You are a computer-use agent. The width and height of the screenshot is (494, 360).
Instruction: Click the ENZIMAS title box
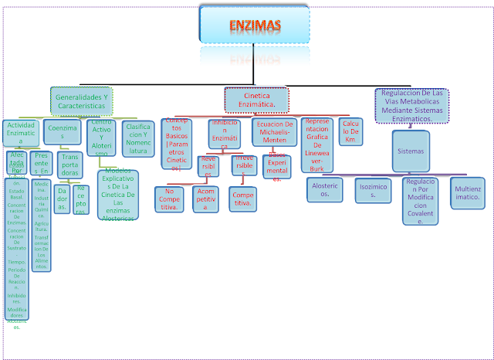click(x=255, y=25)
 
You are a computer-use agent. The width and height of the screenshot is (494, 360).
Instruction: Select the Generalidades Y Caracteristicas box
click(x=82, y=100)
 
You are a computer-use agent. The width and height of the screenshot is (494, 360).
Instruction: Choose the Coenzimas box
click(x=61, y=132)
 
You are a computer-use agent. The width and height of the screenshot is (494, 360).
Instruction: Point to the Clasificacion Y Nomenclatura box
click(x=138, y=138)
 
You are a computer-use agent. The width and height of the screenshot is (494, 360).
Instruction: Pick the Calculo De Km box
click(x=350, y=131)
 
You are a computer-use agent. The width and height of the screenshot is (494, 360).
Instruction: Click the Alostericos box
click(x=324, y=189)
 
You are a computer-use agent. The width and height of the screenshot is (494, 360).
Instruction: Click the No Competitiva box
click(x=168, y=199)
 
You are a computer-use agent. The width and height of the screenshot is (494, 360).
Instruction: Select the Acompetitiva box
click(x=205, y=199)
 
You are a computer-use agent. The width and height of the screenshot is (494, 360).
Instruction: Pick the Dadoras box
click(x=61, y=199)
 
